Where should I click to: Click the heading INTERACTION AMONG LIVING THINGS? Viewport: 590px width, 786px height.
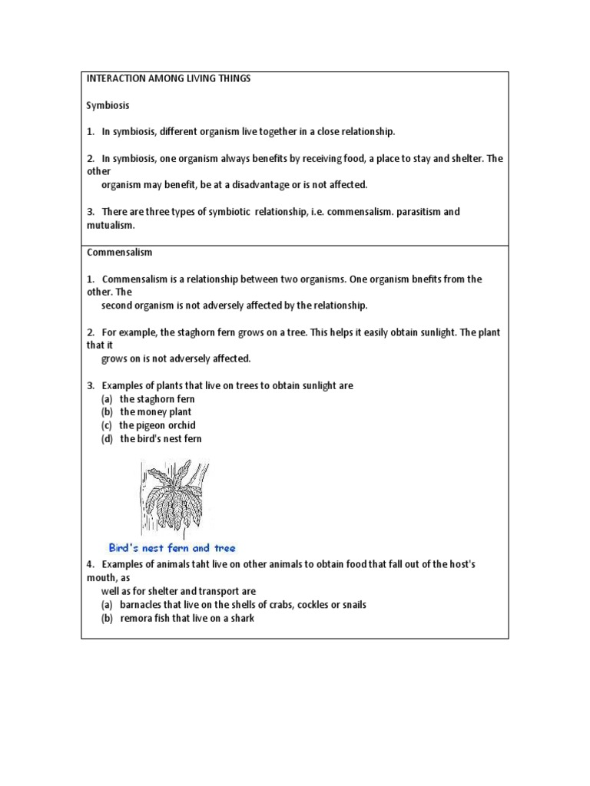click(x=168, y=79)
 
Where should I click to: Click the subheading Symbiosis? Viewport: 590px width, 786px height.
click(x=108, y=105)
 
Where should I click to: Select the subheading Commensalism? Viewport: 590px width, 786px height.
click(x=119, y=253)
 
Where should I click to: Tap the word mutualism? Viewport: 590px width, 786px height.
click(x=110, y=226)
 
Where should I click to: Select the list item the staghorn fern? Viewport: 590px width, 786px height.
click(x=157, y=399)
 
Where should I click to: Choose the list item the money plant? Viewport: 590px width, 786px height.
click(x=155, y=412)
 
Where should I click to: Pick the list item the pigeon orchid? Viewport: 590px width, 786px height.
click(x=157, y=425)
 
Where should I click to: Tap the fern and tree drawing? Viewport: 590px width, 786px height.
click(x=174, y=497)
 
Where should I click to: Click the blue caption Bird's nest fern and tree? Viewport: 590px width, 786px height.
click(x=172, y=548)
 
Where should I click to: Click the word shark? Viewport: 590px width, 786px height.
click(x=242, y=618)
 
